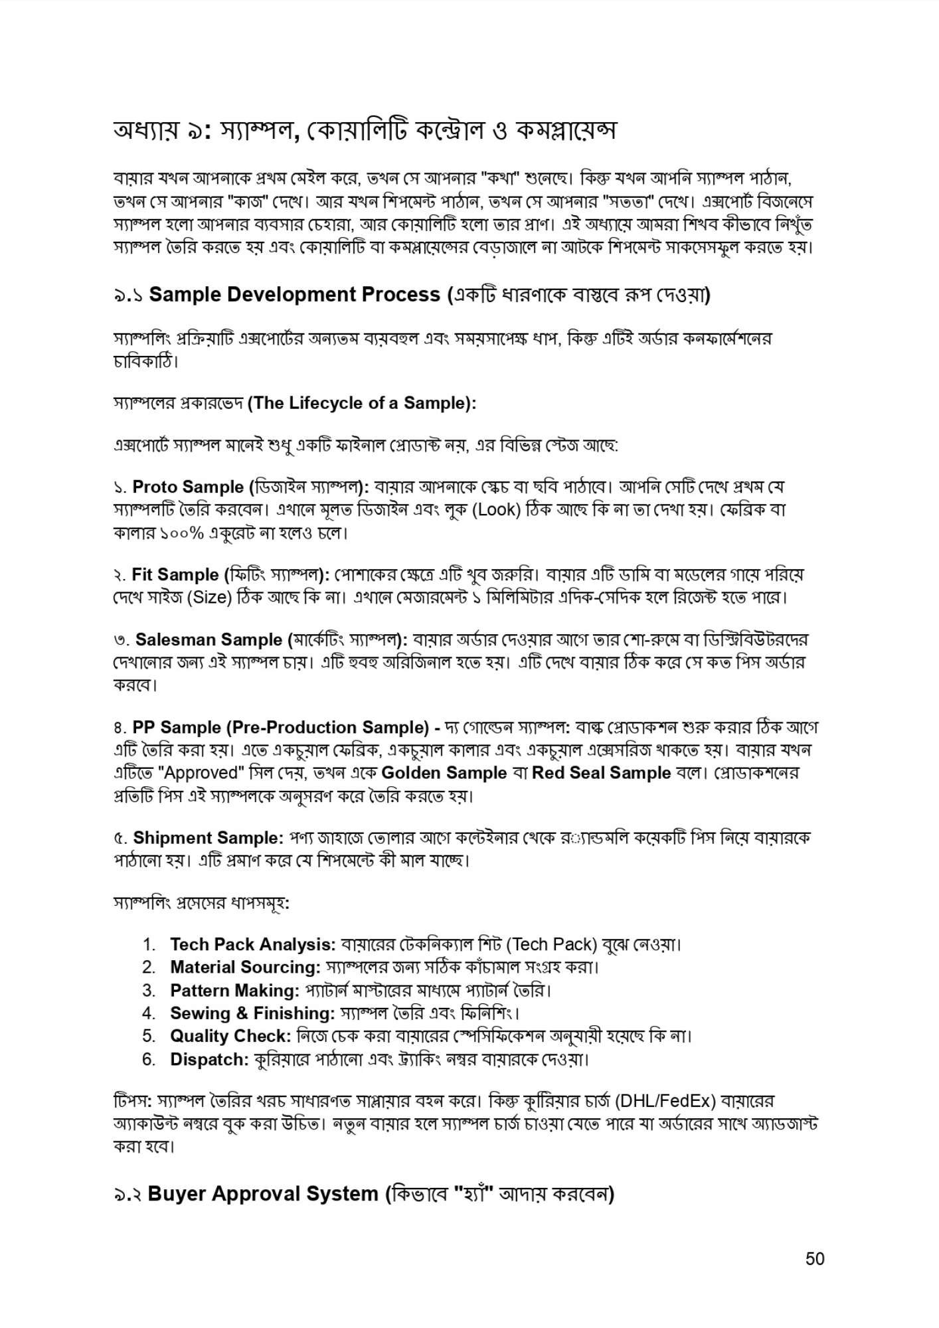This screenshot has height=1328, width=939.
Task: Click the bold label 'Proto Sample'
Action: (188, 487)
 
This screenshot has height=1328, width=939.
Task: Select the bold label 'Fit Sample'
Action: (175, 574)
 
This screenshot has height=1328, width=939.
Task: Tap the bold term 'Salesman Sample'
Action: (209, 639)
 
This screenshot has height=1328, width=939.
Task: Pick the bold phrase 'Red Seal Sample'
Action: (601, 773)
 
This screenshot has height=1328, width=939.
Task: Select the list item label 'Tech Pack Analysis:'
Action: (252, 944)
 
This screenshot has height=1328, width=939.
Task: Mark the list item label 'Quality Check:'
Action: (230, 1036)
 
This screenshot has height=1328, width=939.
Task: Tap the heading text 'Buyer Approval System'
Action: (263, 1193)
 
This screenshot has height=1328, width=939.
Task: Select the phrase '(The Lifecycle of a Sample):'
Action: (361, 403)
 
